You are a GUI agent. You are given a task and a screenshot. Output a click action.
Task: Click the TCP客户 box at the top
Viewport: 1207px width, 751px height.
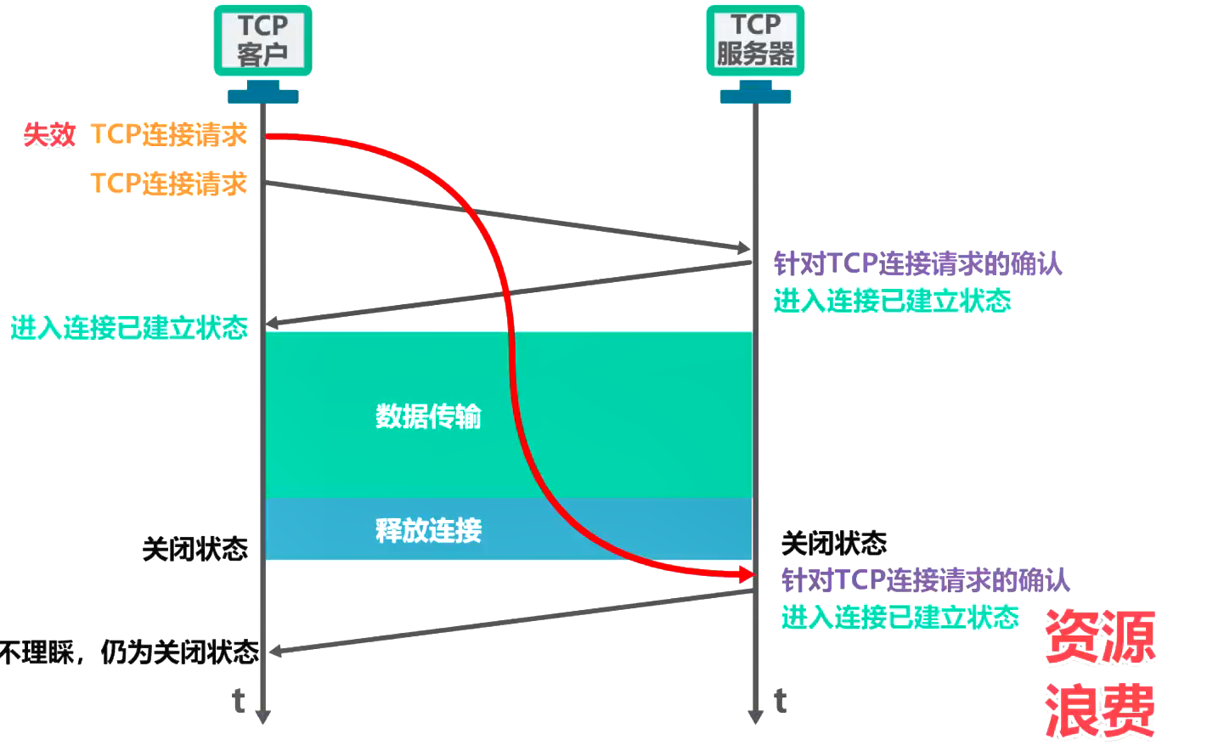point(262,40)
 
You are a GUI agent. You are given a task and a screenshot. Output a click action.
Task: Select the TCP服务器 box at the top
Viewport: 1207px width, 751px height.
point(755,40)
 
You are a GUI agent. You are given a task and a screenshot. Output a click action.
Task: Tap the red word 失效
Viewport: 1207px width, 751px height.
point(49,134)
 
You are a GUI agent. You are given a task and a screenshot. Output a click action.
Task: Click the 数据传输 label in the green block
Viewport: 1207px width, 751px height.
point(428,416)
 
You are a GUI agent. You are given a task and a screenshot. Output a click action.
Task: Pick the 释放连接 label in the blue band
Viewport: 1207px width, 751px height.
point(428,530)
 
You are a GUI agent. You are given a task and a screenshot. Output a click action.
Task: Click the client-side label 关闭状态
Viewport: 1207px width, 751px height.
point(195,549)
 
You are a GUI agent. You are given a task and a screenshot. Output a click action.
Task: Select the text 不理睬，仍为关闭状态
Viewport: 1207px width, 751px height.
point(129,652)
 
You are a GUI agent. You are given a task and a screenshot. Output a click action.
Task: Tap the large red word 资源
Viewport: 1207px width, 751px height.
point(1099,637)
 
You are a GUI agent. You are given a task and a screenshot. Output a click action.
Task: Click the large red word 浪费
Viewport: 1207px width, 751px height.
point(1099,710)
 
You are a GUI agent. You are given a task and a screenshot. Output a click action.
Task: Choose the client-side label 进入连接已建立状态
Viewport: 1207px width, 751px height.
point(129,328)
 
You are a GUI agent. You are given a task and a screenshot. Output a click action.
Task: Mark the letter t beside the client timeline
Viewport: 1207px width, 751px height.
point(239,701)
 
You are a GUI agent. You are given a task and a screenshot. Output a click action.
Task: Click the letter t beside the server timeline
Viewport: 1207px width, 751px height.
point(781,701)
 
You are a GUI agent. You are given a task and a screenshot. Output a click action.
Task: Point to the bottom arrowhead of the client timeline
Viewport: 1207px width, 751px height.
point(263,716)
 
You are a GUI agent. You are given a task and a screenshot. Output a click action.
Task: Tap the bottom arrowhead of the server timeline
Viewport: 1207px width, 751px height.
point(755,716)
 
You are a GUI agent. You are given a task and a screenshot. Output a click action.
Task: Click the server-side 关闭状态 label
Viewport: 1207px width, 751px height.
point(833,543)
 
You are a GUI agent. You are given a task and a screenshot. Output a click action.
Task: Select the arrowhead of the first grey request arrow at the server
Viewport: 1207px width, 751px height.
point(743,248)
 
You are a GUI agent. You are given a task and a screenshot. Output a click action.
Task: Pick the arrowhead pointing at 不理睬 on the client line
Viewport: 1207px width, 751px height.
point(274,652)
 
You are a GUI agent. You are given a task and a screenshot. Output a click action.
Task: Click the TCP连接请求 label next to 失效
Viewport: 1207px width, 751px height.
point(168,134)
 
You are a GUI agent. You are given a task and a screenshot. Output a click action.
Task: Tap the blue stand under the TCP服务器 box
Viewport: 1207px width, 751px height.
point(755,92)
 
